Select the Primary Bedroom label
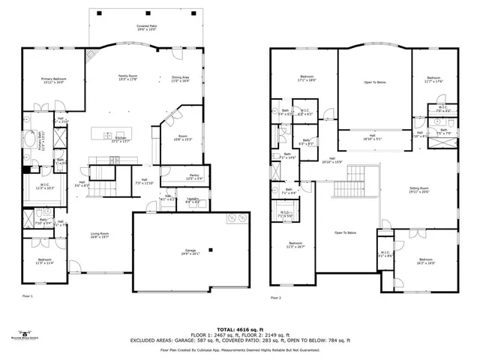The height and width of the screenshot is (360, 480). point(52,82)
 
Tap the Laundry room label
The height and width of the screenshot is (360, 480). point(193,200)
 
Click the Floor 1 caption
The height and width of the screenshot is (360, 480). point(28,298)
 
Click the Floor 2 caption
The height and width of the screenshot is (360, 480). point(275,298)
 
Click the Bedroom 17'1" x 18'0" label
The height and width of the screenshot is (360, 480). point(307,78)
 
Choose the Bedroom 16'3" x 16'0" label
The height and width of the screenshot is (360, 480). point(426,260)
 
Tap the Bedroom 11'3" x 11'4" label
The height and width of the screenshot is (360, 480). point(45,262)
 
